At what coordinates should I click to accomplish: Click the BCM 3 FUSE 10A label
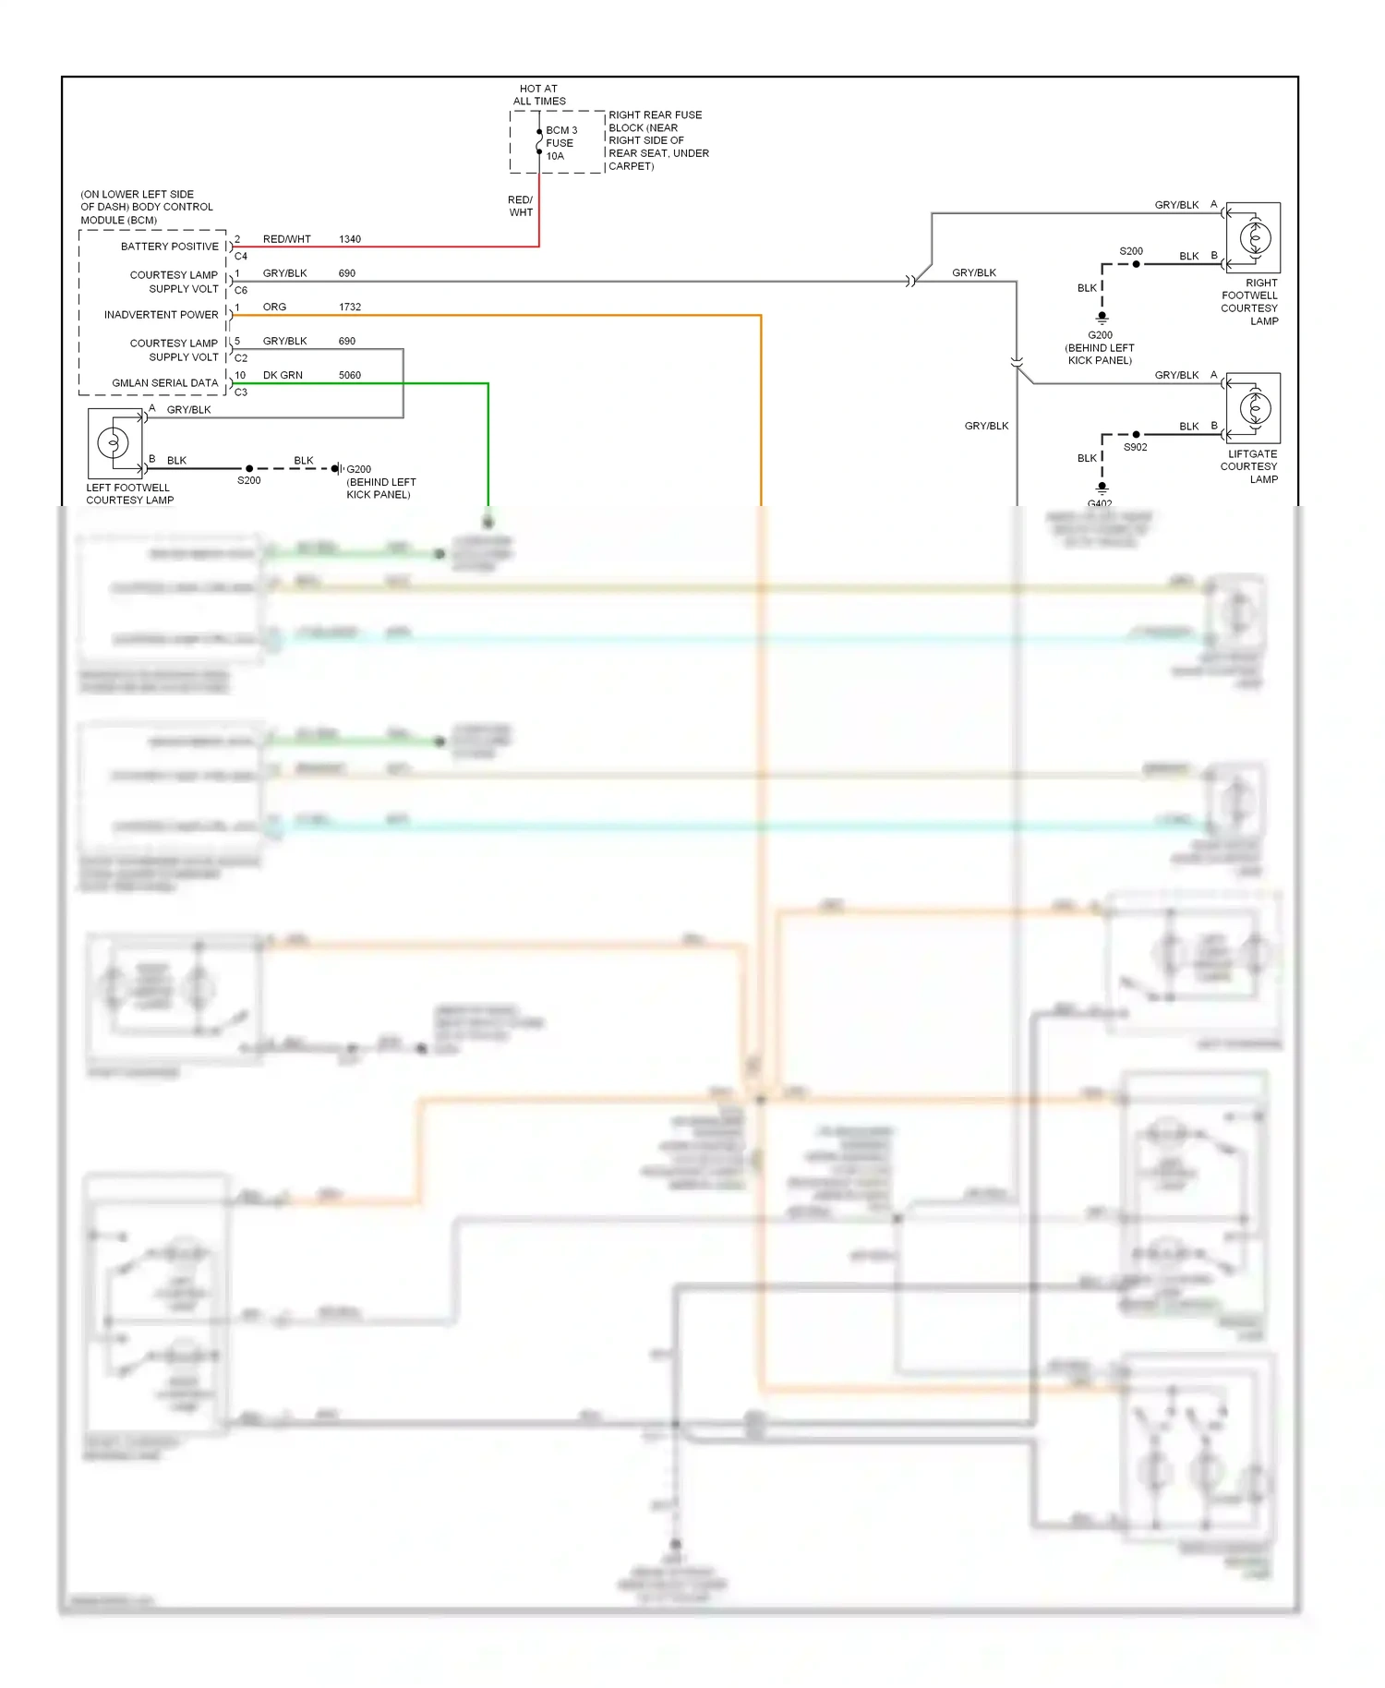coord(560,143)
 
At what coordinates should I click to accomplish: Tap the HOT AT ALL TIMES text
coord(539,95)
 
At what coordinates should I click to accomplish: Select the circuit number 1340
coord(350,239)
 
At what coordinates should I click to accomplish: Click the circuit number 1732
coord(350,307)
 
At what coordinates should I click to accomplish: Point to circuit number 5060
coord(350,375)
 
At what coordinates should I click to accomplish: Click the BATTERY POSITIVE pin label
coord(170,247)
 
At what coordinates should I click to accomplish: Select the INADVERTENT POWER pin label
coord(162,315)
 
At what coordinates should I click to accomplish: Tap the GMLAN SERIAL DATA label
coord(165,382)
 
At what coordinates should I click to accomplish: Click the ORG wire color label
coord(274,307)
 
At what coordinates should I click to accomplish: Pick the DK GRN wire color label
coord(283,375)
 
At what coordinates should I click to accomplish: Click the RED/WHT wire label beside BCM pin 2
coord(286,239)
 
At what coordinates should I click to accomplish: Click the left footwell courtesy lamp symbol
coord(114,443)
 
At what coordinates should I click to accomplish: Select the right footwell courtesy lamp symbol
coord(1254,238)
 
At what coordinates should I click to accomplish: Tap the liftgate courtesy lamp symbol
coord(1254,408)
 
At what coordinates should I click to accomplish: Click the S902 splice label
coord(1135,447)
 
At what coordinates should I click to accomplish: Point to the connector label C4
coord(241,257)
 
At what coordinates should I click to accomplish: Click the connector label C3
coord(241,392)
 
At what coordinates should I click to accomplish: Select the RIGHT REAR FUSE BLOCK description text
coord(657,140)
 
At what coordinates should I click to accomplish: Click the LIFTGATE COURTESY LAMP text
coord(1251,466)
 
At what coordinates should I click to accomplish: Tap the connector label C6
coord(241,290)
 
